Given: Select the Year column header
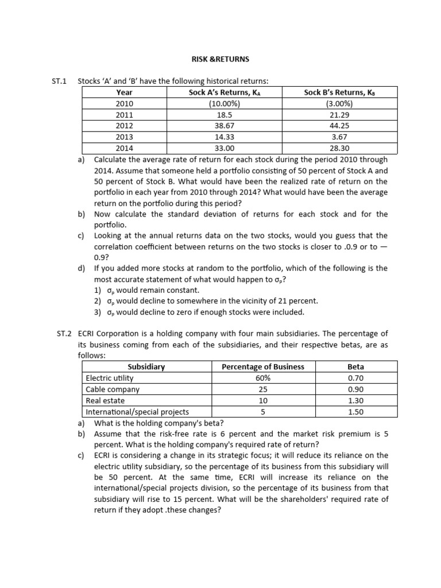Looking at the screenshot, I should coord(124,92).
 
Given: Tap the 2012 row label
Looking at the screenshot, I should coord(124,125).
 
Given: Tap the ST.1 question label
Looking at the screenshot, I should coord(60,81).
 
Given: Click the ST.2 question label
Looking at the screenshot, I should coord(64,334).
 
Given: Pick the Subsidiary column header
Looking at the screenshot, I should coord(146,366).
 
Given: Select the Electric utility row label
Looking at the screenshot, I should coord(110,378).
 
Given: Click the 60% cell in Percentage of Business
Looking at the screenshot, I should coord(263,378).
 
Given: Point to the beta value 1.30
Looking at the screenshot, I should coord(356,400).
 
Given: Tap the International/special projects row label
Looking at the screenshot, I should coord(137,412).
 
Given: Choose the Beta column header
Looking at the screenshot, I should coord(356,366).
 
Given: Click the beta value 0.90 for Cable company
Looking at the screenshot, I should coord(356,389).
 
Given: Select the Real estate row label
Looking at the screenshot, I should coord(105,400).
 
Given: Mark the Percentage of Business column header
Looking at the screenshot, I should coord(263,366).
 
